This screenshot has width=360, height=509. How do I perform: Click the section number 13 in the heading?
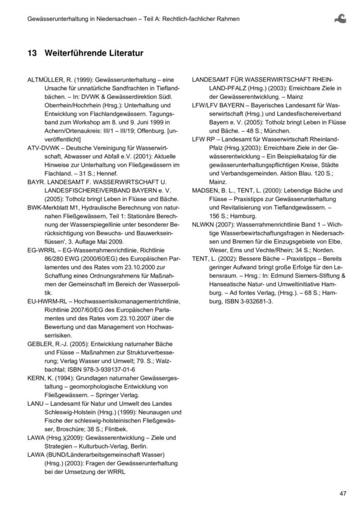pos(32,54)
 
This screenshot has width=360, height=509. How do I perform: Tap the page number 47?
pos(343,494)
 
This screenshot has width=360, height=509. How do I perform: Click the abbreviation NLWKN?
pos(204,225)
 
